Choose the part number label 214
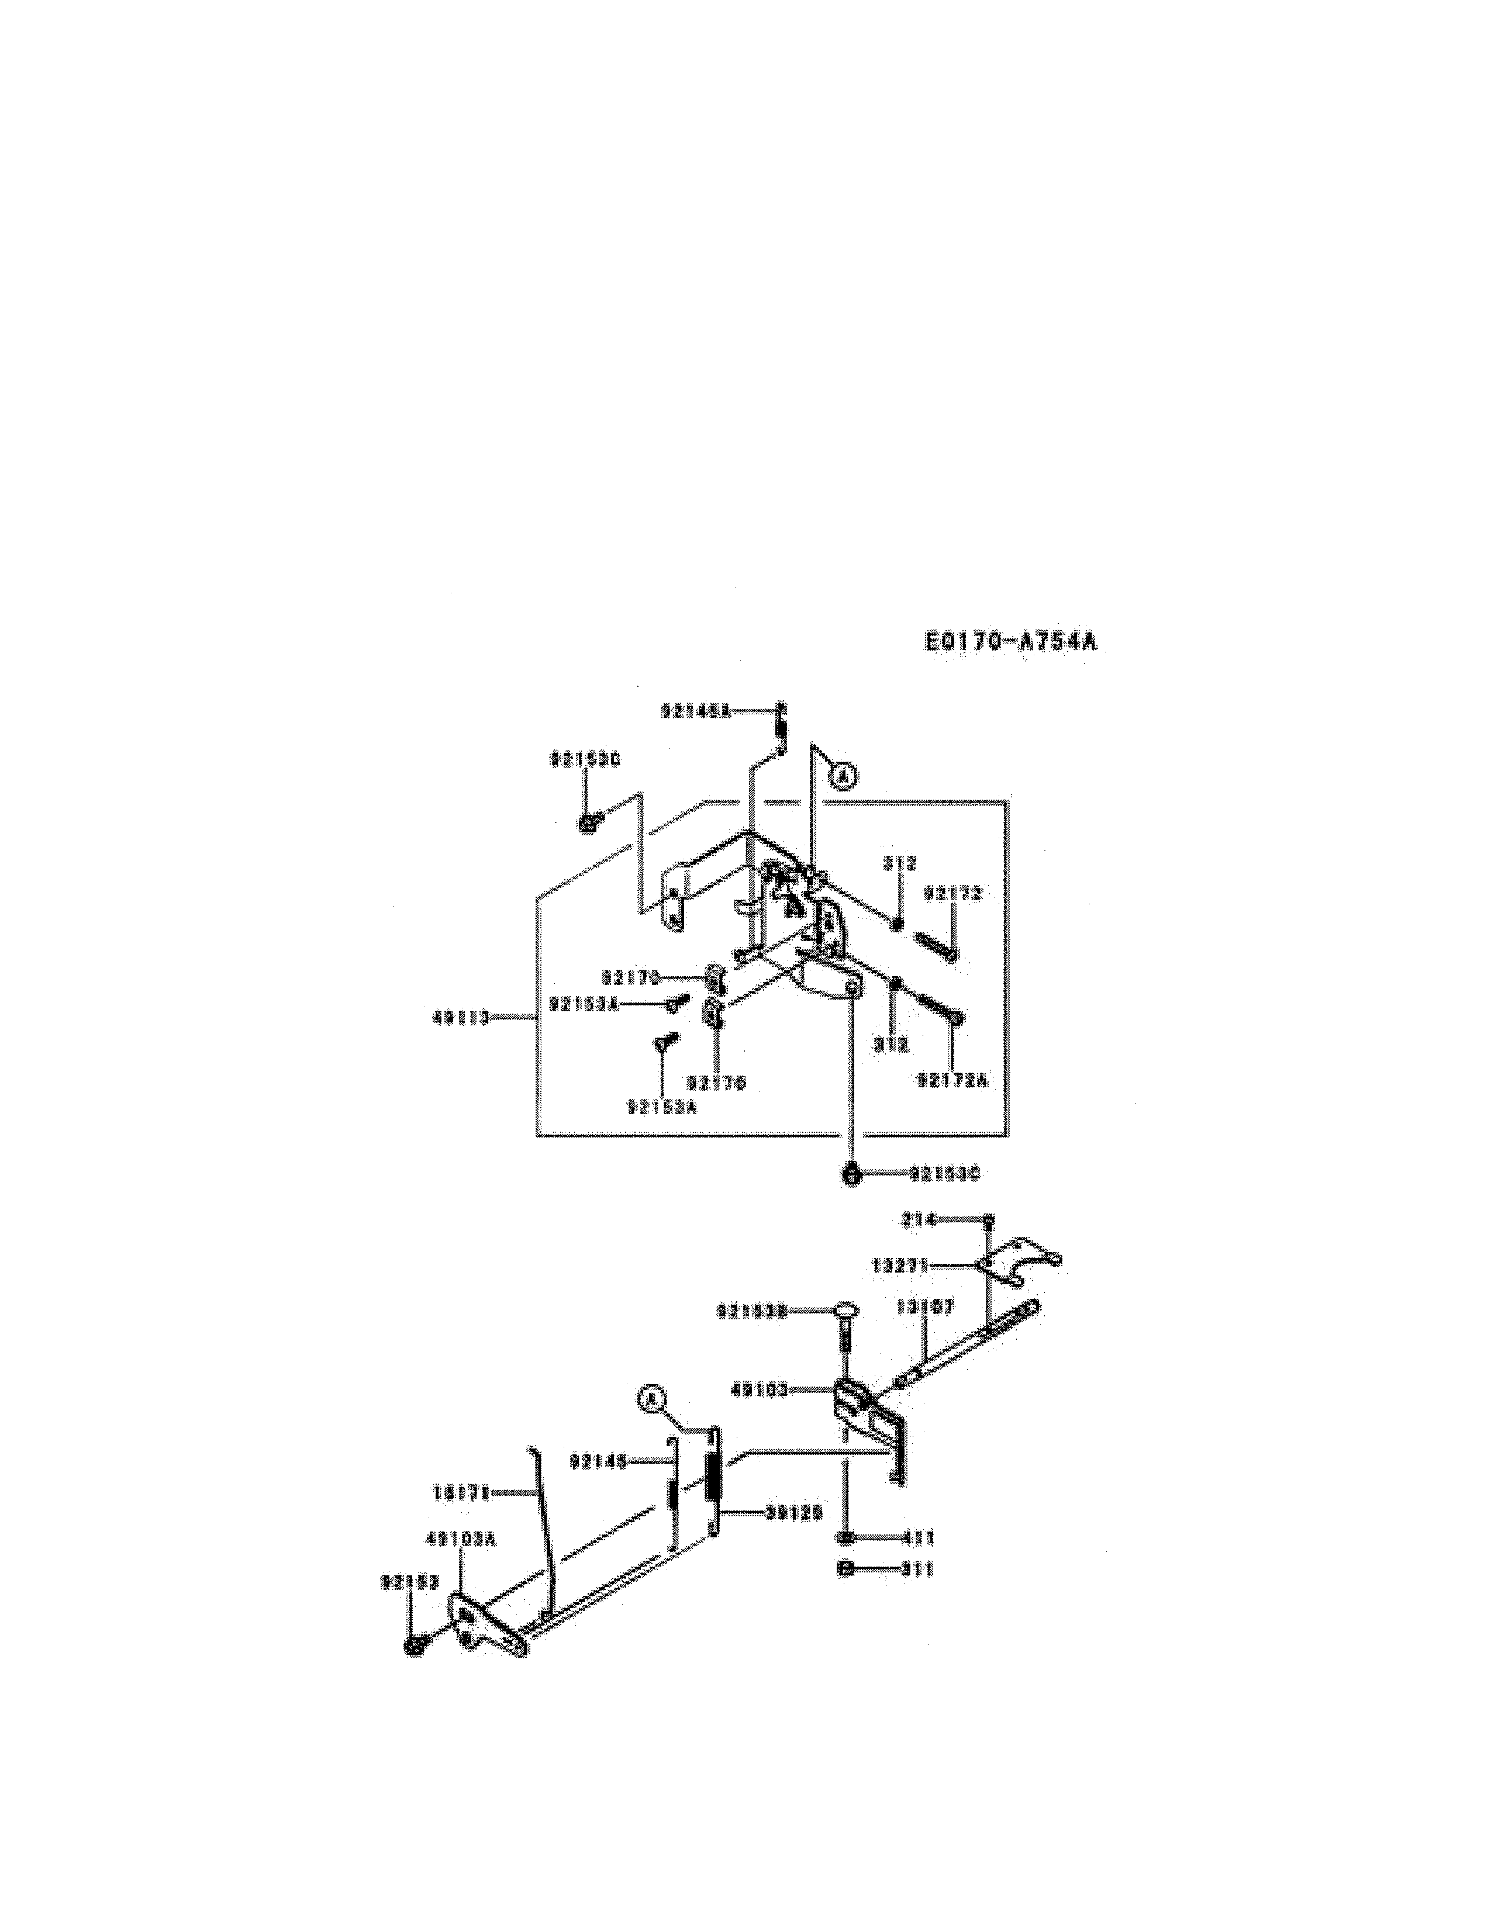pos(917,1221)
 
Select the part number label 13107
pos(925,1308)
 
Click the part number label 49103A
pos(461,1540)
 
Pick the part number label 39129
pos(793,1513)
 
